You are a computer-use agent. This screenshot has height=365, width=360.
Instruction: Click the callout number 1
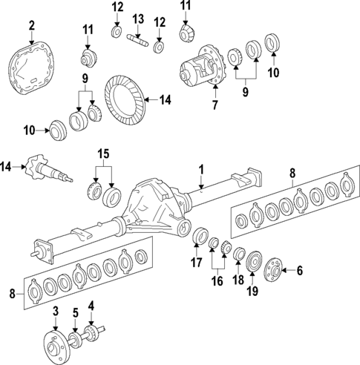(200, 169)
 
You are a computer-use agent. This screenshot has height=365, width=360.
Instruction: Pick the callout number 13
(138, 18)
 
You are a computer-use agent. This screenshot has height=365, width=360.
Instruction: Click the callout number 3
(55, 309)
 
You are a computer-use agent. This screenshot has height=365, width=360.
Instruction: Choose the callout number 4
(91, 305)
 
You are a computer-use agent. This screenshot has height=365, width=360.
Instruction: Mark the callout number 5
(75, 313)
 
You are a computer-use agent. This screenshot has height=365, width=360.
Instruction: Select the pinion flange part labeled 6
(272, 269)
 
